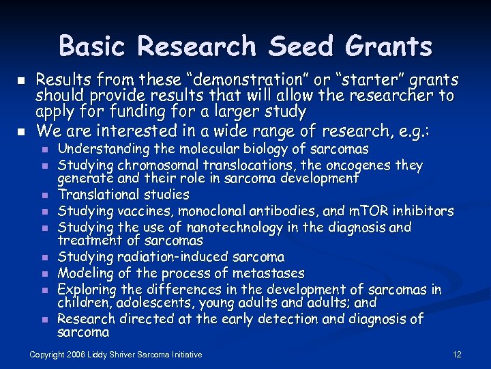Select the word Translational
coord(100,195)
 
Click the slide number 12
coord(457,354)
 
